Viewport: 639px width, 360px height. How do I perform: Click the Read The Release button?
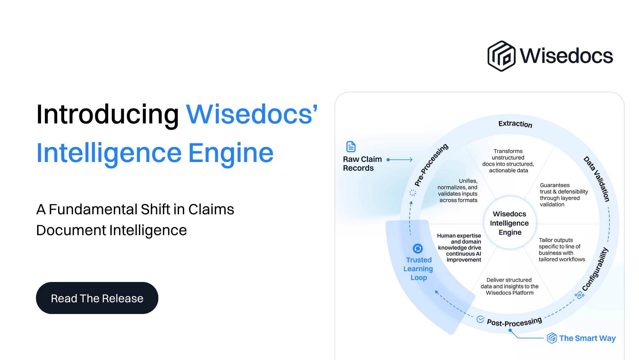point(97,298)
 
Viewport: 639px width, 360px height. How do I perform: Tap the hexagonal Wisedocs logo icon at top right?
point(501,56)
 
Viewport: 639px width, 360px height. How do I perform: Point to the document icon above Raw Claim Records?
point(351,147)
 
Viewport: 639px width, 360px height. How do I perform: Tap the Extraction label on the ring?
point(515,124)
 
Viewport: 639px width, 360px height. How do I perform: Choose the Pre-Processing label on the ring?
point(431,165)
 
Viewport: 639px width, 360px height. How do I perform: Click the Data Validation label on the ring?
point(596,179)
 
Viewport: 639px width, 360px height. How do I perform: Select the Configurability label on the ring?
point(595,269)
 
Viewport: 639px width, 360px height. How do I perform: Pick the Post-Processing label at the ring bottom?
point(514,322)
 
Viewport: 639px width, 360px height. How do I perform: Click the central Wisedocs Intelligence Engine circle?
point(510,223)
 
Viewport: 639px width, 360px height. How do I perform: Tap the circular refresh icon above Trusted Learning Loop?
point(418,249)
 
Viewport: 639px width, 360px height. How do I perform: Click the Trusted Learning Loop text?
point(418,269)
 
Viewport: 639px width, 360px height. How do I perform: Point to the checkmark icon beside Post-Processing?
point(480,319)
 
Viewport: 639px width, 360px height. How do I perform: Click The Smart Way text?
point(587,338)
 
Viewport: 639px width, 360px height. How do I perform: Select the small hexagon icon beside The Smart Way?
point(552,338)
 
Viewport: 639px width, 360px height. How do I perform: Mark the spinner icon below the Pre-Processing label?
point(413,193)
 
